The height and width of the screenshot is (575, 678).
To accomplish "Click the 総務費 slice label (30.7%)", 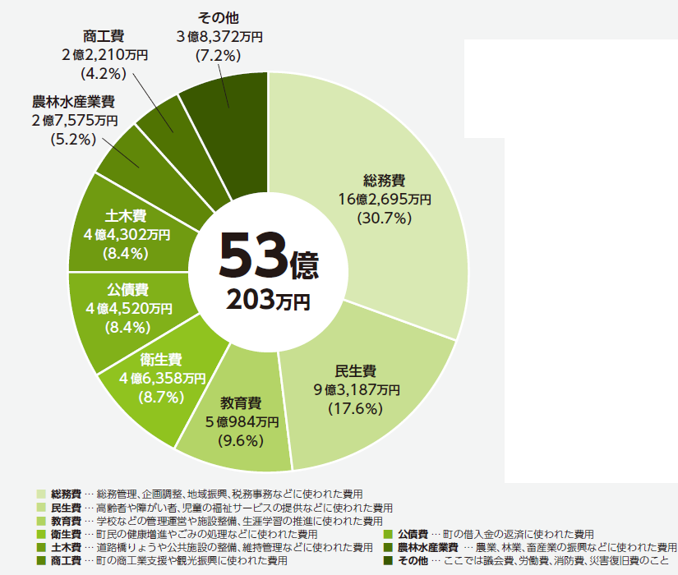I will [x=385, y=181].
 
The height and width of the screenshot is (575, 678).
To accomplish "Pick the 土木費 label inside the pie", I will [x=126, y=216].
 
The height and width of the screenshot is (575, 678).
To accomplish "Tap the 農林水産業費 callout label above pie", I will [x=73, y=103].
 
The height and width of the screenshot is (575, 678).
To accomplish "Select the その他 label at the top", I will [x=217, y=16].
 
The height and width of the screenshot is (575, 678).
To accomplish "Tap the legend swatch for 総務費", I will [x=42, y=494].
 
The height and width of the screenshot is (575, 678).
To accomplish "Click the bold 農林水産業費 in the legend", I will [x=428, y=547].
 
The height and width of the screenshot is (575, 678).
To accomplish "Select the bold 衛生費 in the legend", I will [x=65, y=534].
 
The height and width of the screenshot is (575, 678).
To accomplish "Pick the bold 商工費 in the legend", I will [x=65, y=560].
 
